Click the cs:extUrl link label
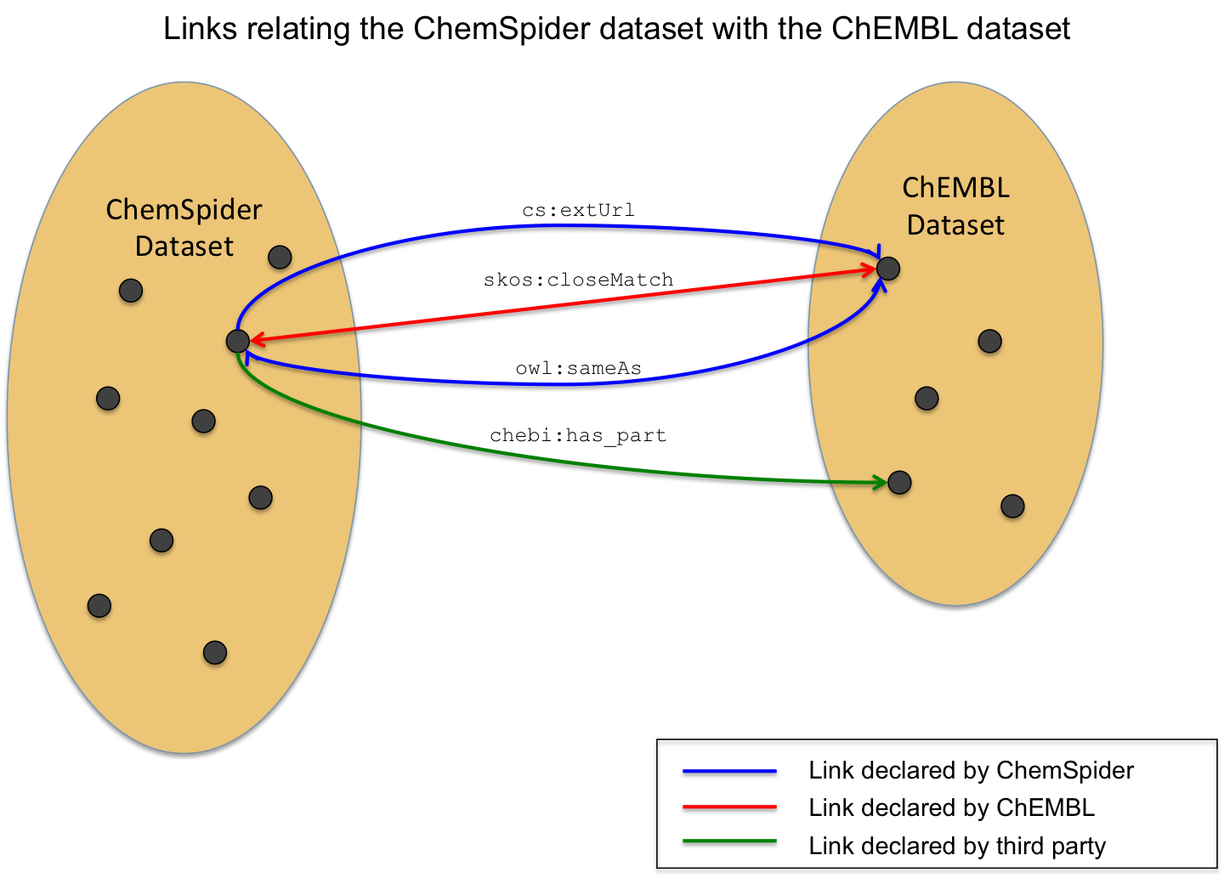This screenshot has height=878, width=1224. pyautogui.click(x=578, y=210)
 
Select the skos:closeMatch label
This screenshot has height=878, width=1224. pyautogui.click(x=578, y=280)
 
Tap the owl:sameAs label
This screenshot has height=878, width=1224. pyautogui.click(x=578, y=368)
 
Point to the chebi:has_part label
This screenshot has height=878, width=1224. pyautogui.click(x=578, y=435)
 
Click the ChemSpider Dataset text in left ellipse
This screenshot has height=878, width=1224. pyautogui.click(x=184, y=228)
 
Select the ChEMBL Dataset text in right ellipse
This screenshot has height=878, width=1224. pyautogui.click(x=955, y=207)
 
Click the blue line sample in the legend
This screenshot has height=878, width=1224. pyautogui.click(x=729, y=773)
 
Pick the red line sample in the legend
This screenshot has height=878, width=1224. pyautogui.click(x=729, y=808)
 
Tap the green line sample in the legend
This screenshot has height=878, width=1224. pyautogui.click(x=729, y=844)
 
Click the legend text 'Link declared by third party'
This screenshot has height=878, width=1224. pyautogui.click(x=957, y=846)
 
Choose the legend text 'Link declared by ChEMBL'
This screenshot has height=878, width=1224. pyautogui.click(x=951, y=807)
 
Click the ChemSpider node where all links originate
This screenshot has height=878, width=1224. pyautogui.click(x=237, y=341)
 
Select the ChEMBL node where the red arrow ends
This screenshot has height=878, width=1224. pyautogui.click(x=888, y=269)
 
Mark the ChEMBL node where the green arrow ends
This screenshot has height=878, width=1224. pyautogui.click(x=899, y=483)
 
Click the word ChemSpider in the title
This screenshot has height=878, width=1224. pyautogui.click(x=501, y=29)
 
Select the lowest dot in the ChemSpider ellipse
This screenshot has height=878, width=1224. pyautogui.click(x=215, y=653)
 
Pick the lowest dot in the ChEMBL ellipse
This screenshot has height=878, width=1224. pyautogui.click(x=1012, y=507)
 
